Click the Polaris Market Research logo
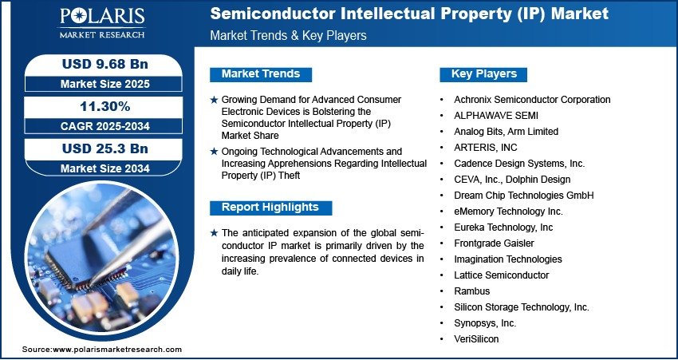(x=102, y=23)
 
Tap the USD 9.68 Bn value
(x=104, y=64)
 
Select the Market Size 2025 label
(x=104, y=84)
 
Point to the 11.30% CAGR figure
(x=105, y=106)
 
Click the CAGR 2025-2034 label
(x=104, y=126)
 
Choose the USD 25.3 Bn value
(x=104, y=148)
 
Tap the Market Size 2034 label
(x=104, y=168)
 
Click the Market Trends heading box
(x=261, y=74)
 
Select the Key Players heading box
(x=483, y=74)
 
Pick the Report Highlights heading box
(x=270, y=208)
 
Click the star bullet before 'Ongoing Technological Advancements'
(x=214, y=152)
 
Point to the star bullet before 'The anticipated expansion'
(x=214, y=233)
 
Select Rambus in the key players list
(x=471, y=291)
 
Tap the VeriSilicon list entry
(x=476, y=339)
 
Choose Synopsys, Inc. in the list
(x=485, y=323)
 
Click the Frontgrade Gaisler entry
(x=494, y=243)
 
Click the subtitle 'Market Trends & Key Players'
(x=289, y=35)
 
